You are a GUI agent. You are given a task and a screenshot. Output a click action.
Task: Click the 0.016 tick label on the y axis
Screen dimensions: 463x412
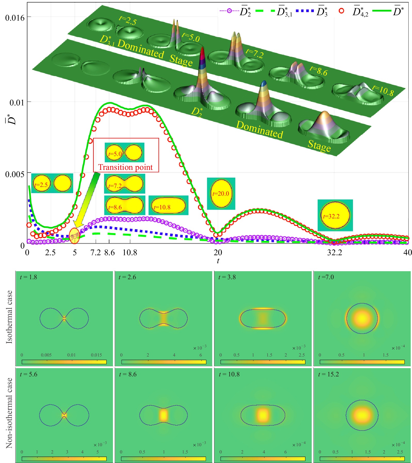click(15, 18)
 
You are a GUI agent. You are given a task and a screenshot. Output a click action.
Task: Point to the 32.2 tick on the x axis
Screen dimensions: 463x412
click(334, 252)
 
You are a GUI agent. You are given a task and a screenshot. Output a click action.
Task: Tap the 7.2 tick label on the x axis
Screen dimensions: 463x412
click(95, 252)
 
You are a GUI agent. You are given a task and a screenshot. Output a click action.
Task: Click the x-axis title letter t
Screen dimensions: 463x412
click(218, 261)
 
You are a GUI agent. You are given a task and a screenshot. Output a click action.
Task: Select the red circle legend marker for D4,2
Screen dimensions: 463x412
click(341, 11)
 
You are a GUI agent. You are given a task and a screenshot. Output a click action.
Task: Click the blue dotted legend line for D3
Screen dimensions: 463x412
click(304, 11)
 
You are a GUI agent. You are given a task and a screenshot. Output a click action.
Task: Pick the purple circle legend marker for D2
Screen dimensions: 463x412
click(229, 11)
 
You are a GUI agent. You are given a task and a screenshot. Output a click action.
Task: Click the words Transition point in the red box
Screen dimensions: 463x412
click(126, 167)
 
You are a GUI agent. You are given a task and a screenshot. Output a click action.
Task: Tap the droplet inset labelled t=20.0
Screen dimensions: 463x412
click(221, 193)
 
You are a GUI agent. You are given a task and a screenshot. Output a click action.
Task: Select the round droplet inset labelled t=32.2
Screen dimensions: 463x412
click(335, 215)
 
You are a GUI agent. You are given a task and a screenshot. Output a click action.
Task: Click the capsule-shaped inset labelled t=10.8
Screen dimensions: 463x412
click(168, 205)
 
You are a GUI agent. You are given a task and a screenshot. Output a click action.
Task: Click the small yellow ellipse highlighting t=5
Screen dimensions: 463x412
click(75, 236)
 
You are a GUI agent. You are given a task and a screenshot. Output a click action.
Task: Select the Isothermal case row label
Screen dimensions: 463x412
click(9, 317)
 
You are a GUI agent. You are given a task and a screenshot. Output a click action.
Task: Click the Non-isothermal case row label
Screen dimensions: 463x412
click(9, 413)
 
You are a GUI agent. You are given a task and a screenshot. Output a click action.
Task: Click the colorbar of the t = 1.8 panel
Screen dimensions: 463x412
click(64, 362)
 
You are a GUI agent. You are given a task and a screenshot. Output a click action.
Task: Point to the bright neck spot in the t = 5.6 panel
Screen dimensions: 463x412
click(64, 415)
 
